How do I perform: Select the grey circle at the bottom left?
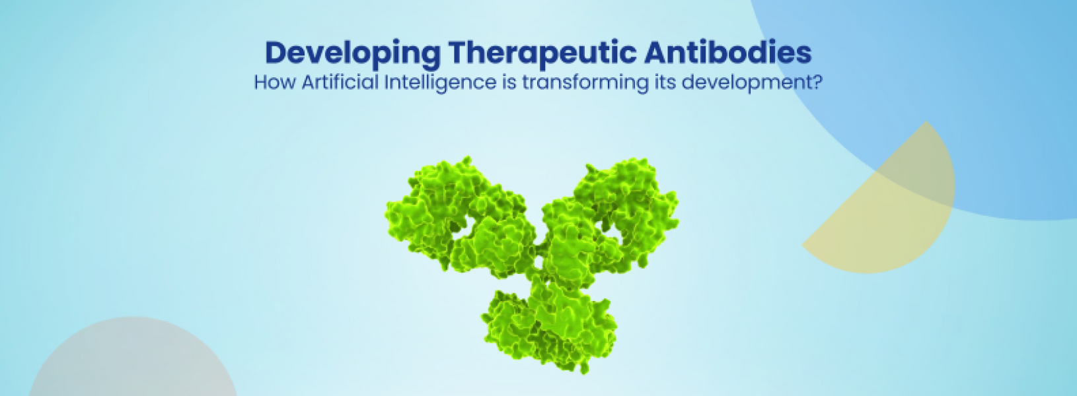pos(132,363)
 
